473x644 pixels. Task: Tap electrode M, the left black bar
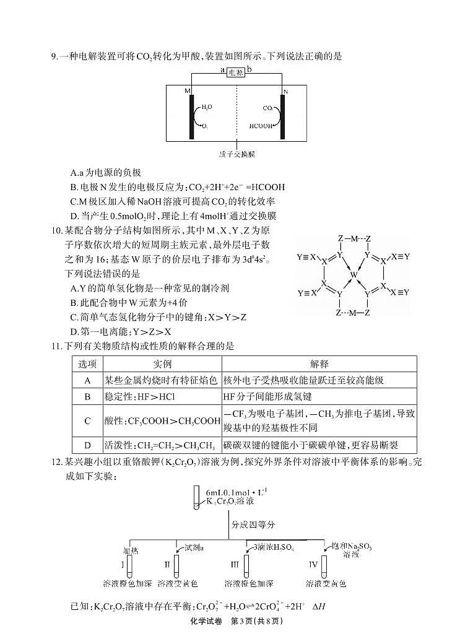click(192, 116)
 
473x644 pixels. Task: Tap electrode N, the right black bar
click(282, 116)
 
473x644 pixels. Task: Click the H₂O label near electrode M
click(206, 107)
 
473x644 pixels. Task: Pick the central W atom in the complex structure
click(353, 274)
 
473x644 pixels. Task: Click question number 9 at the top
click(54, 56)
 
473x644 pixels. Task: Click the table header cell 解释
click(319, 363)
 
